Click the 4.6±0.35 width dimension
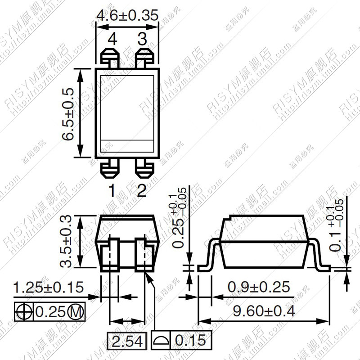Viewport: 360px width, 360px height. [127, 15]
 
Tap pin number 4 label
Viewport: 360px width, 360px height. [112, 40]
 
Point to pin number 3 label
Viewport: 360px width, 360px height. [142, 40]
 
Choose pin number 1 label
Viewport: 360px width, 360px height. [112, 191]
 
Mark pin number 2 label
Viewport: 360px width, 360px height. [142, 191]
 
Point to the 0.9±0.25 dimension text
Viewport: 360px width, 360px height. [258, 287]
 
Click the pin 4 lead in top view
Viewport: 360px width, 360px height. [109, 58]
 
